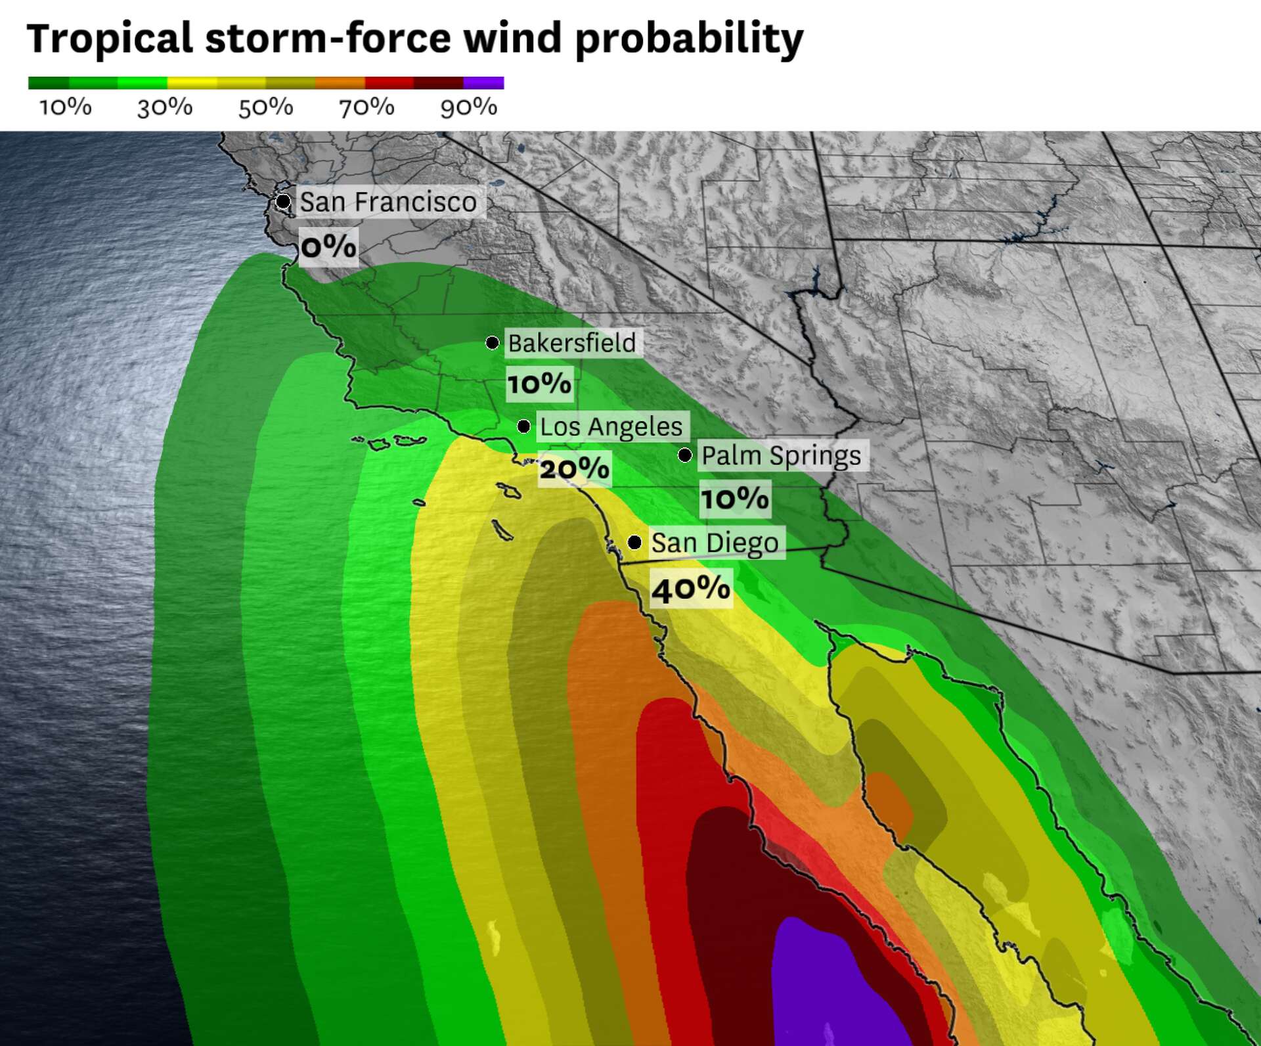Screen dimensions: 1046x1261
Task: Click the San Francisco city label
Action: click(388, 202)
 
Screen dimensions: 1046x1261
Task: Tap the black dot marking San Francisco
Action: click(283, 201)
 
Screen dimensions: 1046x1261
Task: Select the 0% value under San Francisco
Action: click(328, 247)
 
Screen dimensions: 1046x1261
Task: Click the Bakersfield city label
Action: click(572, 343)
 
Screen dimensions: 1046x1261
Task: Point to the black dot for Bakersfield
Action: click(492, 342)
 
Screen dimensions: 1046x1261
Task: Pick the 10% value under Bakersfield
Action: click(539, 383)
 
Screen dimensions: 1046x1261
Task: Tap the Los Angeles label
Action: click(611, 426)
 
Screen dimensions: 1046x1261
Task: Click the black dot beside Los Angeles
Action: click(523, 426)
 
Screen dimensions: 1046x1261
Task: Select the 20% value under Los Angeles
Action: click(574, 468)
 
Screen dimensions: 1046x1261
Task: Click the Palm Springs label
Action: click(782, 455)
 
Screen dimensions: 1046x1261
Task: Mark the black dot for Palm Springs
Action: click(685, 455)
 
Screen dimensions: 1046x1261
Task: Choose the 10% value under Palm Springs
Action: click(734, 498)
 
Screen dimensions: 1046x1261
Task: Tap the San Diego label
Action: click(715, 543)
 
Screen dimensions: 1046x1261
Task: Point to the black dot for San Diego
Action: click(634, 542)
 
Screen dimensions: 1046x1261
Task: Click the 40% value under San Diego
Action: click(691, 588)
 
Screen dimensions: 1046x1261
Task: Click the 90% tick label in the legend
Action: click(468, 107)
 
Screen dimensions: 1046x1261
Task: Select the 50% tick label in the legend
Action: click(265, 107)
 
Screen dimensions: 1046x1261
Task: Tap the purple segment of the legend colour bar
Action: click(483, 83)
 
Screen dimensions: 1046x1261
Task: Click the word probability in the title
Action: click(689, 38)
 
